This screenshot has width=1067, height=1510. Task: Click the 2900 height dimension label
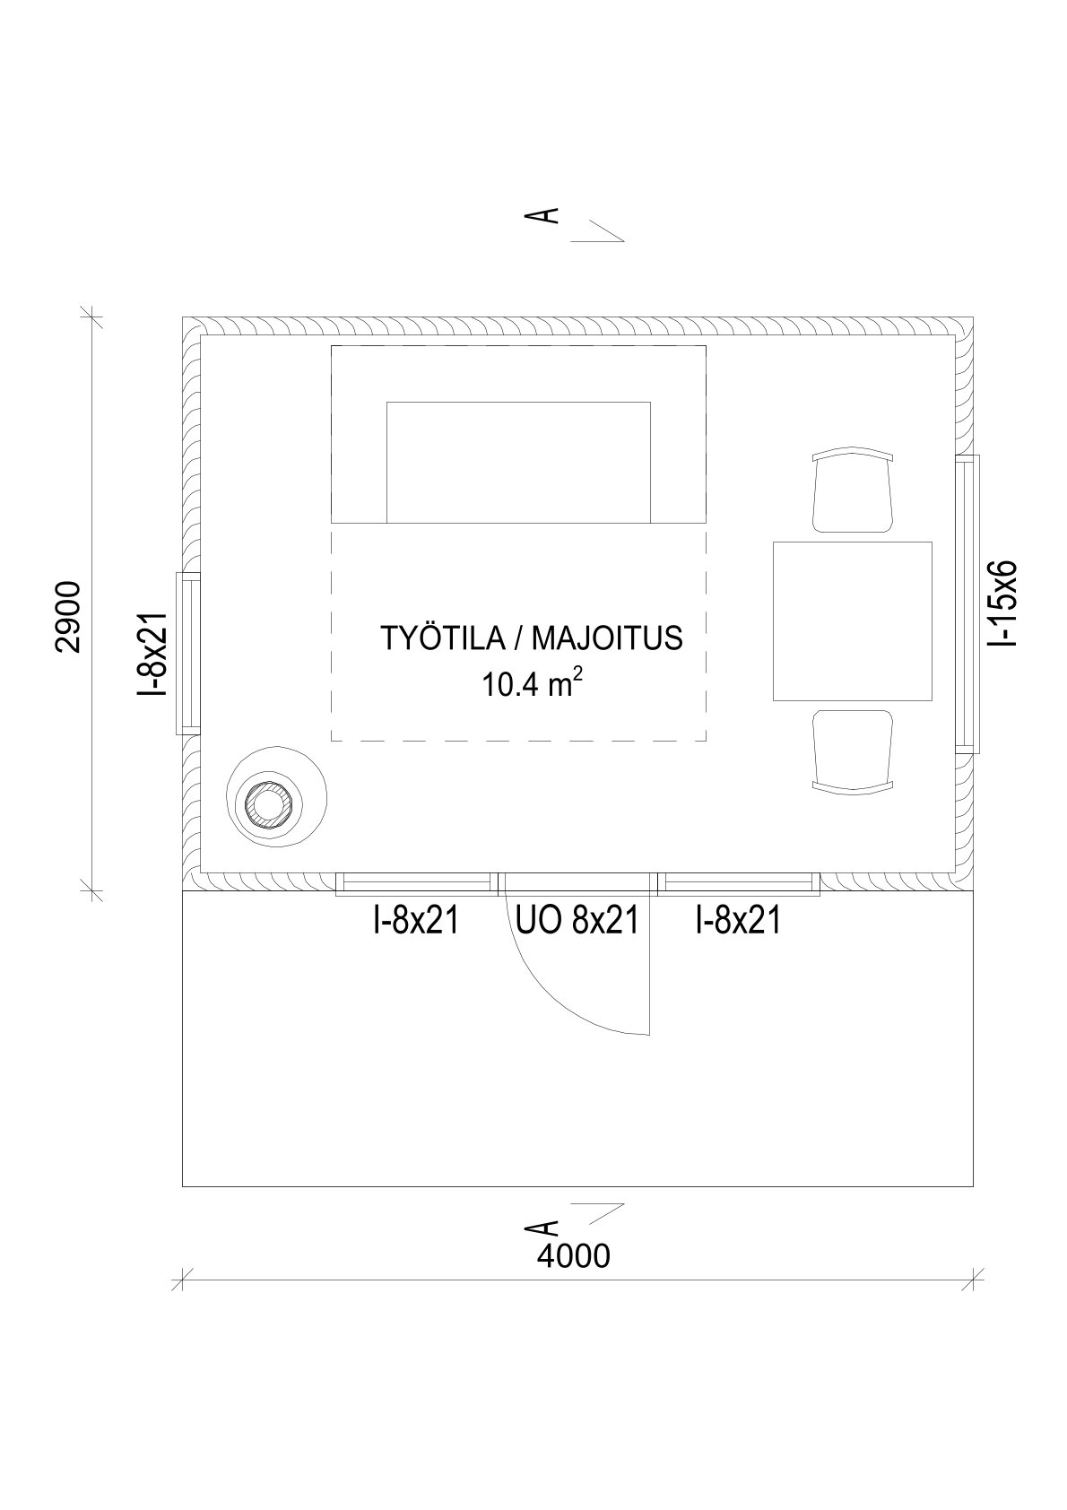coord(68,617)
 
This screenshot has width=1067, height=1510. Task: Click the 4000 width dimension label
coord(574,1256)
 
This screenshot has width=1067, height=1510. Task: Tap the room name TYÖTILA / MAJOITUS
coord(531,638)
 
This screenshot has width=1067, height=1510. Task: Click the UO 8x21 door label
coord(577,920)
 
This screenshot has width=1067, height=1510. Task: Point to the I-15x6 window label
coord(1002,604)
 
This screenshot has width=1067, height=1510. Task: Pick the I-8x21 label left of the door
coord(416,920)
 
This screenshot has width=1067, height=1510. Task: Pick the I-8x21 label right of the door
coord(738,920)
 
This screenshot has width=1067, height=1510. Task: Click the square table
coord(852,620)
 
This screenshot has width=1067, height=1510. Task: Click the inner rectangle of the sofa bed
coord(518,461)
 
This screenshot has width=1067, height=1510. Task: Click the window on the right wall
coord(967,603)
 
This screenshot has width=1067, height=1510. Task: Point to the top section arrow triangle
coord(599,230)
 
